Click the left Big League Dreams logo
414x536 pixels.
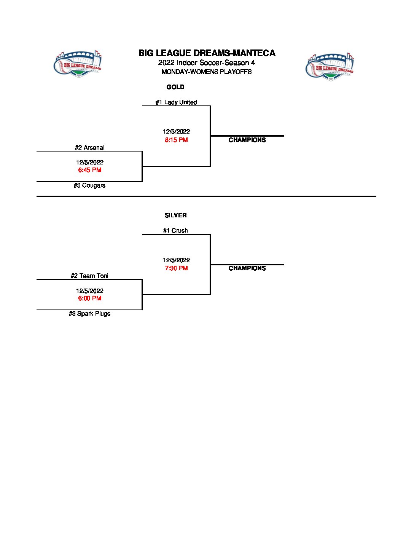(78, 64)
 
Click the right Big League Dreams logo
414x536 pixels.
(330, 67)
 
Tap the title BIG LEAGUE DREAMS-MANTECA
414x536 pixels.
(207, 53)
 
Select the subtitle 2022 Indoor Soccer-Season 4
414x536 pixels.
(207, 63)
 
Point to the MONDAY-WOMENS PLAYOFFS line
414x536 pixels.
(207, 72)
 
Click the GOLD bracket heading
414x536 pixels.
(175, 87)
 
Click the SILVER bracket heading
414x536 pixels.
(175, 215)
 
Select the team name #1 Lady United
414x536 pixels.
(176, 102)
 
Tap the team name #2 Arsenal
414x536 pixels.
(90, 148)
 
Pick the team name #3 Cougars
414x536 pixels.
(89, 185)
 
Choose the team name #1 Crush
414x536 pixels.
(175, 230)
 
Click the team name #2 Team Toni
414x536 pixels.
(89, 276)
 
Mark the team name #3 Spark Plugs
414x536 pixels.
(89, 314)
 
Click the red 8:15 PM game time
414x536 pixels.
(176, 140)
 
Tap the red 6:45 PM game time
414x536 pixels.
(90, 170)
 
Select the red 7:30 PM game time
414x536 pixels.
(176, 268)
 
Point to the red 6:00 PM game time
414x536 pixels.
(90, 298)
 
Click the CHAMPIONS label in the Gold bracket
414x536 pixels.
(247, 140)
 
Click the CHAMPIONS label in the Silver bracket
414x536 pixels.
(247, 268)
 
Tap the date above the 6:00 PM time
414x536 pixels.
(90, 291)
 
